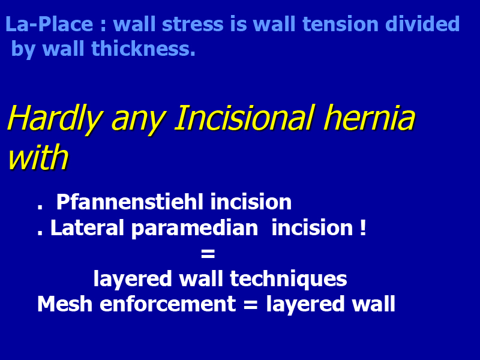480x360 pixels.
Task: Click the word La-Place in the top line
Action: [49, 24]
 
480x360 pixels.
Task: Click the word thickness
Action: [143, 49]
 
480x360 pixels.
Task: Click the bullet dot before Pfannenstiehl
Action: [40, 207]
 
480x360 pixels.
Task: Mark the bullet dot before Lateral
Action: [40, 233]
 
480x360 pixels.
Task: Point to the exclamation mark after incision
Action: [363, 227]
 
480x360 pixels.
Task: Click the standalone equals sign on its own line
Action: [208, 254]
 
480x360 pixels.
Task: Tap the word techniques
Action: [289, 279]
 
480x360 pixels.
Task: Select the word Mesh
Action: [65, 304]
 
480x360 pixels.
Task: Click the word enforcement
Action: [168, 305]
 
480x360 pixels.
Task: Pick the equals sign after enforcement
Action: [251, 305]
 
